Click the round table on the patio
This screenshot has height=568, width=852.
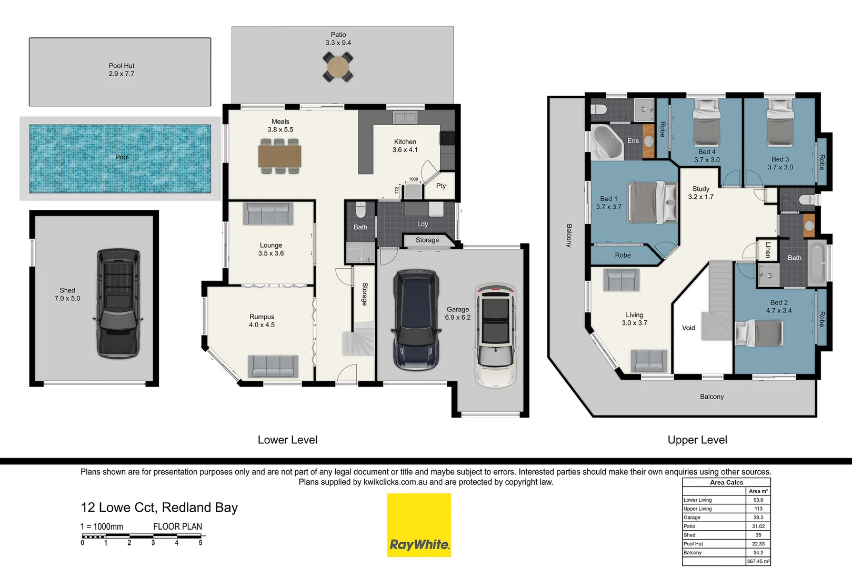pyautogui.click(x=338, y=67)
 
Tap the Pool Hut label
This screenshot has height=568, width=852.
pyautogui.click(x=122, y=70)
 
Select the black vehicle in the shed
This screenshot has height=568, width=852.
pyautogui.click(x=118, y=303)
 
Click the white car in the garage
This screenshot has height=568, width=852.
pyautogui.click(x=495, y=335)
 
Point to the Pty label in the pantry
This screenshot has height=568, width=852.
pyautogui.click(x=441, y=186)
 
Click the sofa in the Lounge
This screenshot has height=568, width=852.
pyautogui.click(x=268, y=214)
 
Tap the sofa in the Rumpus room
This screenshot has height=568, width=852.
pyautogui.click(x=273, y=366)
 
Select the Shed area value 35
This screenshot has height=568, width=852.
pyautogui.click(x=758, y=535)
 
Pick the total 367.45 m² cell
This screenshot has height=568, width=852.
pyautogui.click(x=758, y=561)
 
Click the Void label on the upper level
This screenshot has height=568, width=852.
pyautogui.click(x=688, y=328)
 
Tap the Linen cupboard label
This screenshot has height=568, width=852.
pyautogui.click(x=768, y=250)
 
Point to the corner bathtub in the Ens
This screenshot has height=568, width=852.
pyautogui.click(x=607, y=143)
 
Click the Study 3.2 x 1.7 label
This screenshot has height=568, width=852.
pyautogui.click(x=700, y=192)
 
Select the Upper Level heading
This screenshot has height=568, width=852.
pyautogui.click(x=697, y=440)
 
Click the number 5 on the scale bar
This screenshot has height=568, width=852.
pyautogui.click(x=201, y=543)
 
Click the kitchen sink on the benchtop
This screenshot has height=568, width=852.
pyautogui.click(x=405, y=117)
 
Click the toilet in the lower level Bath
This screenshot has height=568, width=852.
pyautogui.click(x=360, y=210)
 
